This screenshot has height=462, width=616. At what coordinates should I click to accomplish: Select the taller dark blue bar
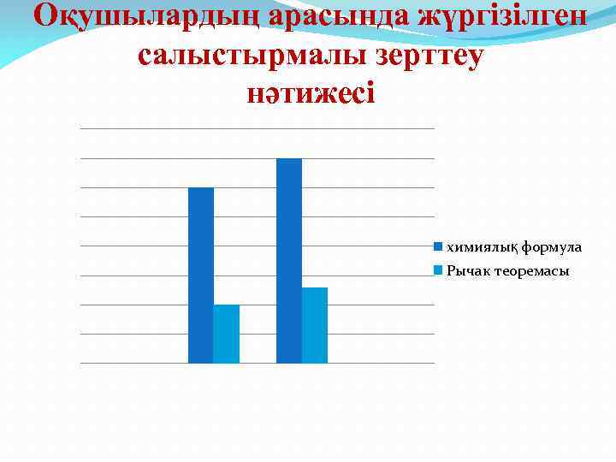point(289,261)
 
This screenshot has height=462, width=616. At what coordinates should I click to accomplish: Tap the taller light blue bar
point(315,325)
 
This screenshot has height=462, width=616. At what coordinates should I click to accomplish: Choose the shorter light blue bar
point(227,334)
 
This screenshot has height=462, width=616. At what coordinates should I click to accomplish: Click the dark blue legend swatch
point(438,247)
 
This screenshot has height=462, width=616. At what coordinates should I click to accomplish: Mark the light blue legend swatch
point(438,271)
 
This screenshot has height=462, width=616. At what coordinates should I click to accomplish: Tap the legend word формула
point(552,247)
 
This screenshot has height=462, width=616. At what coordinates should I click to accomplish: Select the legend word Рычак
point(466,271)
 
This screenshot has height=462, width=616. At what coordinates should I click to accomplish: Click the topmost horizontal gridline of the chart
point(257,128)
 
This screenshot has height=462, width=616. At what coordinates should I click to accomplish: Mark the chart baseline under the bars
point(257,363)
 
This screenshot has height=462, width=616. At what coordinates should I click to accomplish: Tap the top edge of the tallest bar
point(289,159)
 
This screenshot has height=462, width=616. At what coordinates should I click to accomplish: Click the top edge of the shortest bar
point(227,305)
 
